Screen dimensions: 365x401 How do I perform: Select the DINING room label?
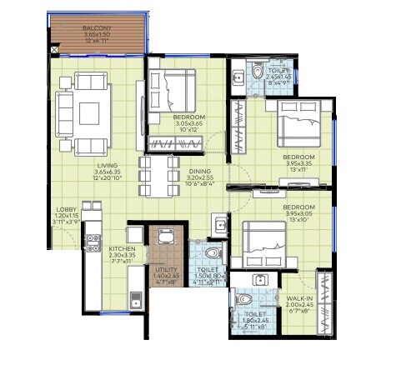click(198, 172)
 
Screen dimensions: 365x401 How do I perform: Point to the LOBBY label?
click(66, 209)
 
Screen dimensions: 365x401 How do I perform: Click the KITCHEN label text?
click(122, 249)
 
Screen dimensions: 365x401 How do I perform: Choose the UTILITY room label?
click(166, 269)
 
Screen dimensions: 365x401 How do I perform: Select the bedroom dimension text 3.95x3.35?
click(298, 164)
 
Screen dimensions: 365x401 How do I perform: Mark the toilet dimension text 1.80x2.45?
click(255, 319)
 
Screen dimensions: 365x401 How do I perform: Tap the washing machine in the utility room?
click(164, 238)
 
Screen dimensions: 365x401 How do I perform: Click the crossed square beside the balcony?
click(54, 50)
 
